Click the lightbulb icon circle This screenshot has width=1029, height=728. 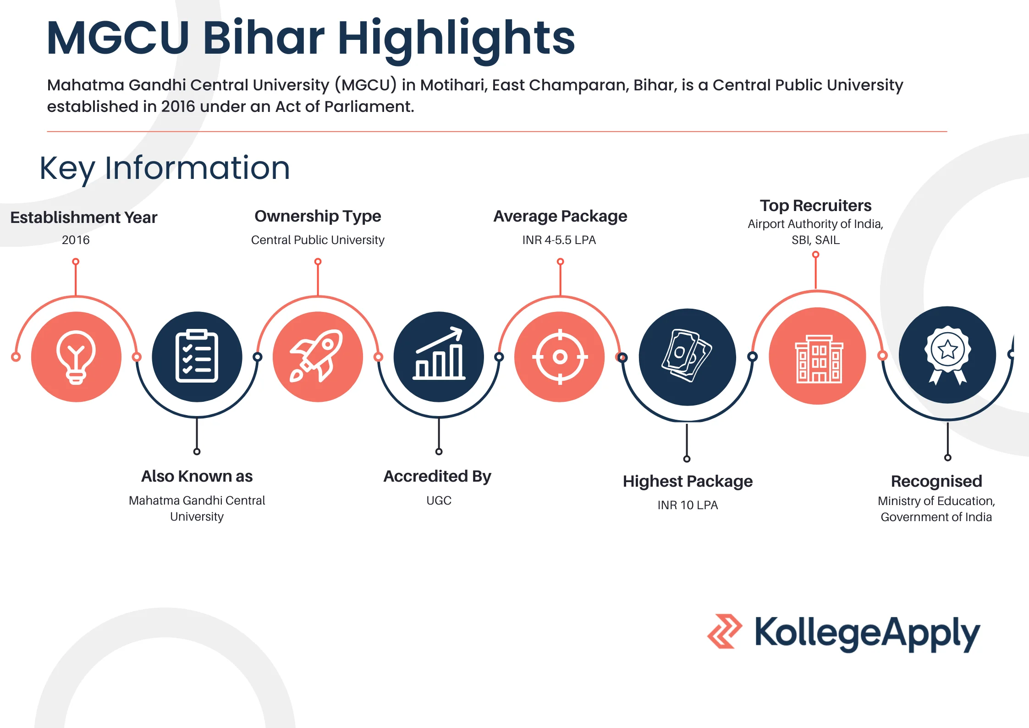click(x=76, y=357)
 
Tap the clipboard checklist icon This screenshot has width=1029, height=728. click(x=197, y=357)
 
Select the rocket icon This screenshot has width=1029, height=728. click(x=317, y=356)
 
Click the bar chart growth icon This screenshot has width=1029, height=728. click(x=439, y=356)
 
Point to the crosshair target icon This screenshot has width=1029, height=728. click(x=560, y=356)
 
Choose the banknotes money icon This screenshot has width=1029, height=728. click(x=687, y=356)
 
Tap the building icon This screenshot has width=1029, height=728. click(x=817, y=356)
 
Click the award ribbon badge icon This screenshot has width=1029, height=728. click(x=947, y=355)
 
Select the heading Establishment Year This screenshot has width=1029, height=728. click(x=84, y=217)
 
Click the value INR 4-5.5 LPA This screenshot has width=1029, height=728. click(x=559, y=240)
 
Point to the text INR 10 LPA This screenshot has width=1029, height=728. click(x=688, y=505)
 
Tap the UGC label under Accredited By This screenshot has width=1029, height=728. click(x=439, y=500)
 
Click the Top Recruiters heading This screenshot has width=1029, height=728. click(x=815, y=206)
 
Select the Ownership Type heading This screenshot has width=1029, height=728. click(x=318, y=216)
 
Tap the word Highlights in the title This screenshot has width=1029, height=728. click(x=456, y=39)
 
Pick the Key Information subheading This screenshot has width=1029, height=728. click(x=165, y=168)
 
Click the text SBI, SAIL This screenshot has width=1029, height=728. click(x=815, y=240)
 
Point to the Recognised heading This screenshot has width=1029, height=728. click(x=936, y=481)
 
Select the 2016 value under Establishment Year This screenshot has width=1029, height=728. click(x=76, y=240)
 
